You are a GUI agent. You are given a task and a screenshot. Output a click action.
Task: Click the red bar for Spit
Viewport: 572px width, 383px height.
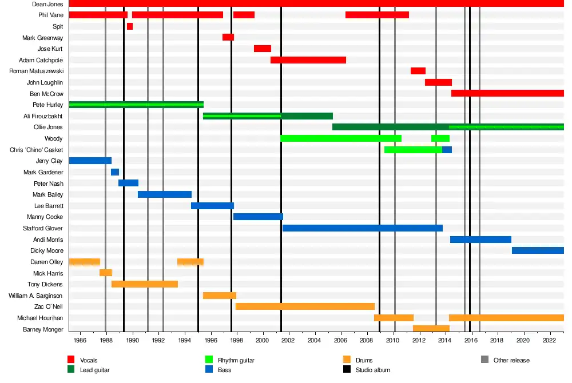[x=130, y=26]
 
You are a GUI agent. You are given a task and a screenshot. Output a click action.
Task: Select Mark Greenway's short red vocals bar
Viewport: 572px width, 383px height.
[x=228, y=37]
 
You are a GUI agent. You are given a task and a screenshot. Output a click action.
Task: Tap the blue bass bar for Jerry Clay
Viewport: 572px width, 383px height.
[x=90, y=161]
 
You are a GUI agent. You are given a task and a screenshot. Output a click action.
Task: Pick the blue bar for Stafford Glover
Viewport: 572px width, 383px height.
[x=363, y=228]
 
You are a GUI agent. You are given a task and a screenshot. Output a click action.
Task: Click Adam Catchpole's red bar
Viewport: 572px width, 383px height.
[x=308, y=60]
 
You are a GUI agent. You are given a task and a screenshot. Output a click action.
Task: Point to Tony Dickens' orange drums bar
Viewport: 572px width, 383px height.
[x=145, y=284]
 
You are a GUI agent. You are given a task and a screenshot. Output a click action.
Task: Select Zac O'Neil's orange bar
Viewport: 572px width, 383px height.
[x=305, y=306]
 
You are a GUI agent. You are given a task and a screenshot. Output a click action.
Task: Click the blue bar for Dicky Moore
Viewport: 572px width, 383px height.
[x=538, y=250]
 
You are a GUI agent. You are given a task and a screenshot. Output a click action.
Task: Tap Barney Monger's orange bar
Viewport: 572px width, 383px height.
[x=431, y=329]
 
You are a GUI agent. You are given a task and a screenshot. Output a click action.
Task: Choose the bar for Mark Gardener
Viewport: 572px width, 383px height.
[x=115, y=172]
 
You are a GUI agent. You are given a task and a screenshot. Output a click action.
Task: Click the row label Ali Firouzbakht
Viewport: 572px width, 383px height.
[x=43, y=116]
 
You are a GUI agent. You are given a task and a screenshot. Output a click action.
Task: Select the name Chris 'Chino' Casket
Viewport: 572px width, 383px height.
[x=37, y=150]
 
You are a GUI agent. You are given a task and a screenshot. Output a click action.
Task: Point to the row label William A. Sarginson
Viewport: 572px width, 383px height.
[x=35, y=296]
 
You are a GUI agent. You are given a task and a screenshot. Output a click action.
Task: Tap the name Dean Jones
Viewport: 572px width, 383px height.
[x=47, y=4]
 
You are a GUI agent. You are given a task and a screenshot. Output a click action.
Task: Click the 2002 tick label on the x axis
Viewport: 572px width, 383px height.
[x=288, y=341]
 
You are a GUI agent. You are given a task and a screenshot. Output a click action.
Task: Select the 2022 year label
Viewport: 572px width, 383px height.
[x=550, y=341]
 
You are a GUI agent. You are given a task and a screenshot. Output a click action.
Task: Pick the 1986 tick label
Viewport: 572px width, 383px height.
[x=80, y=341]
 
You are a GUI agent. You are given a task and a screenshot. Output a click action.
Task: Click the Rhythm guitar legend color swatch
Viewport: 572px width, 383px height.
[x=209, y=360]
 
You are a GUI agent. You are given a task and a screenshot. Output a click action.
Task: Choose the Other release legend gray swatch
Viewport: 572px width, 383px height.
[x=484, y=360]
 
